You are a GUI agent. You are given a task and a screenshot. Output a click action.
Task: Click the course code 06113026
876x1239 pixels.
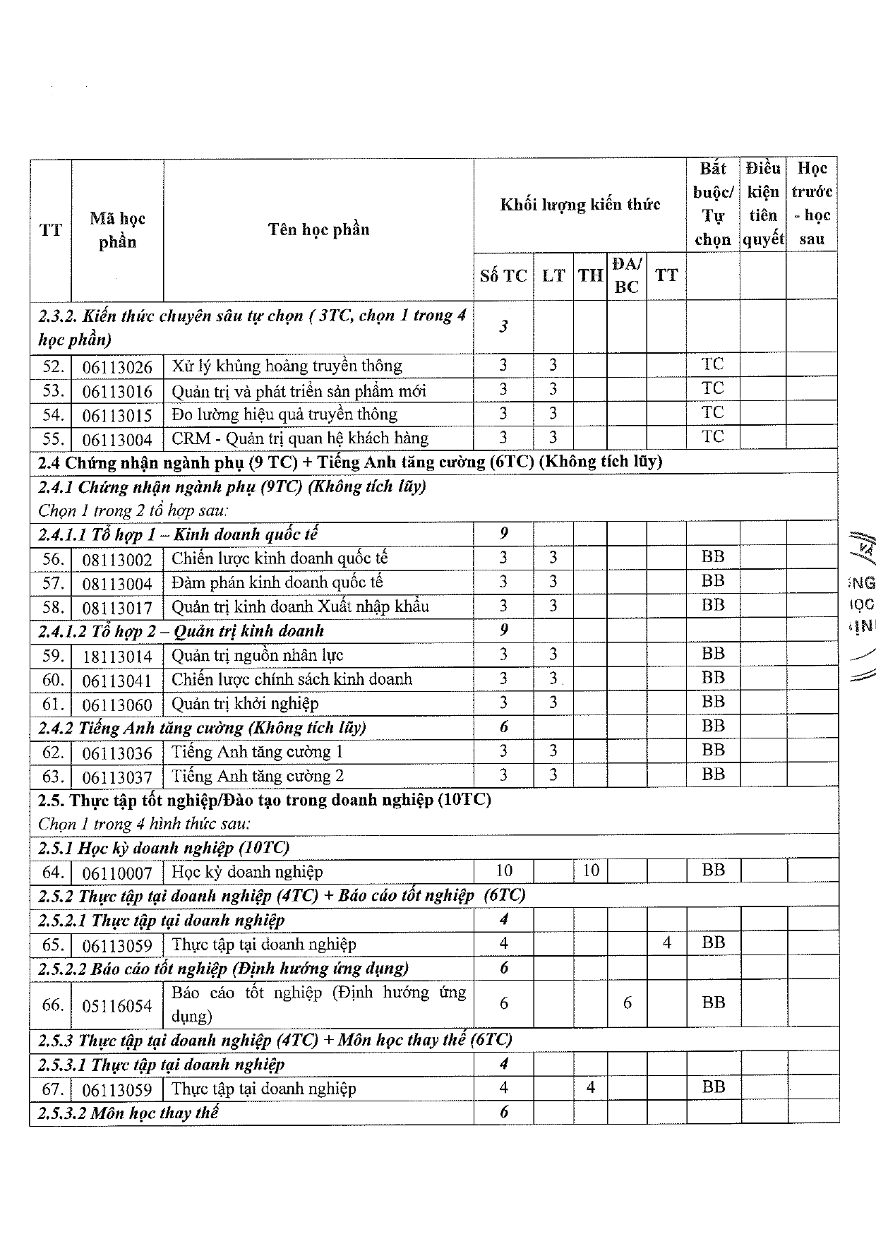(117, 367)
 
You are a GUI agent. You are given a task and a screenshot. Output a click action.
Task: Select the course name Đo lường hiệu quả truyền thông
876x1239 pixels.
(284, 414)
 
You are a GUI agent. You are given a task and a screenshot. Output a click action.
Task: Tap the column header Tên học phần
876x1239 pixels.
(318, 229)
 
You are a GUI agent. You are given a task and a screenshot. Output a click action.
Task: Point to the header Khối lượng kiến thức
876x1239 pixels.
(580, 205)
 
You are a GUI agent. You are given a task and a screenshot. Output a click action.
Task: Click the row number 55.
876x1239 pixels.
(53, 439)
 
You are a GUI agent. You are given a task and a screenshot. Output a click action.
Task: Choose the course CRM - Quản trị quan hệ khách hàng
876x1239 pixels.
(300, 438)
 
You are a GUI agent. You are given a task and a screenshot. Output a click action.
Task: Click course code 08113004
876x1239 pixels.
(117, 584)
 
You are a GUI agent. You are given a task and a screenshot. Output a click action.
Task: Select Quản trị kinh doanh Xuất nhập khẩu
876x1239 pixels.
(300, 607)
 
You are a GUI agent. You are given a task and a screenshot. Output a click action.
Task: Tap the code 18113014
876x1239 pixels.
(117, 657)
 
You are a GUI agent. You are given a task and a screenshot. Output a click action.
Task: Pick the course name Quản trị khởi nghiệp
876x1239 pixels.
(245, 704)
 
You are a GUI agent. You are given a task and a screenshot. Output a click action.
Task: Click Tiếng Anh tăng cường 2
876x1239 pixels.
(258, 777)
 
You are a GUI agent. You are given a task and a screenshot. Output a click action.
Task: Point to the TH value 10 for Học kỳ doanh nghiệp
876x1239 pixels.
(591, 871)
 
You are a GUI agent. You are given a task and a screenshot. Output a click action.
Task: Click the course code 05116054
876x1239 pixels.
(117, 1005)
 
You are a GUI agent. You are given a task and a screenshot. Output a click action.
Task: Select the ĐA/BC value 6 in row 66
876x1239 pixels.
(627, 1002)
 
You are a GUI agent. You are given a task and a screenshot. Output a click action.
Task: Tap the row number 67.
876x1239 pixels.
(53, 1089)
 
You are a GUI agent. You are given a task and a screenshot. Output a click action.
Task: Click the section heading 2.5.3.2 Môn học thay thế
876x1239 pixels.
(128, 1113)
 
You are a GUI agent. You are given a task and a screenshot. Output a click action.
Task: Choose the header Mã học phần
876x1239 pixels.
(117, 230)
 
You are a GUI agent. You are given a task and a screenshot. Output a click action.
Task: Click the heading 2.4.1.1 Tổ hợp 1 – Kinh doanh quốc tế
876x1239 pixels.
(178, 534)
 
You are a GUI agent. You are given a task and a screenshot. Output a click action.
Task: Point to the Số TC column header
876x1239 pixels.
(503, 276)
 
